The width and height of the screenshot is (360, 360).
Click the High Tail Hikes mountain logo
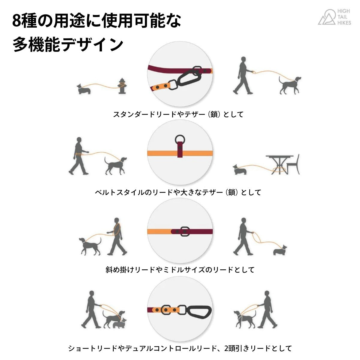click(x=326, y=17)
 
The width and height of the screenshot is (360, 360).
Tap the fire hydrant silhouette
click(x=122, y=86)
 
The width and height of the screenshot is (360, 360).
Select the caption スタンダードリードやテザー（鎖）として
click(x=178, y=114)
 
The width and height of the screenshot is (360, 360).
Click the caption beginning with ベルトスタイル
click(x=178, y=192)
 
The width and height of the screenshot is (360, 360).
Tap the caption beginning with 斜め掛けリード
click(x=180, y=270)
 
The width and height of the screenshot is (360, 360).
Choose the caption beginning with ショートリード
click(x=180, y=348)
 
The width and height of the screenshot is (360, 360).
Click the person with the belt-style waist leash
click(x=79, y=156)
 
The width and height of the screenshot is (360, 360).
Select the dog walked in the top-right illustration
click(x=289, y=85)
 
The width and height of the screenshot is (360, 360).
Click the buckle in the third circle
click(x=184, y=231)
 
